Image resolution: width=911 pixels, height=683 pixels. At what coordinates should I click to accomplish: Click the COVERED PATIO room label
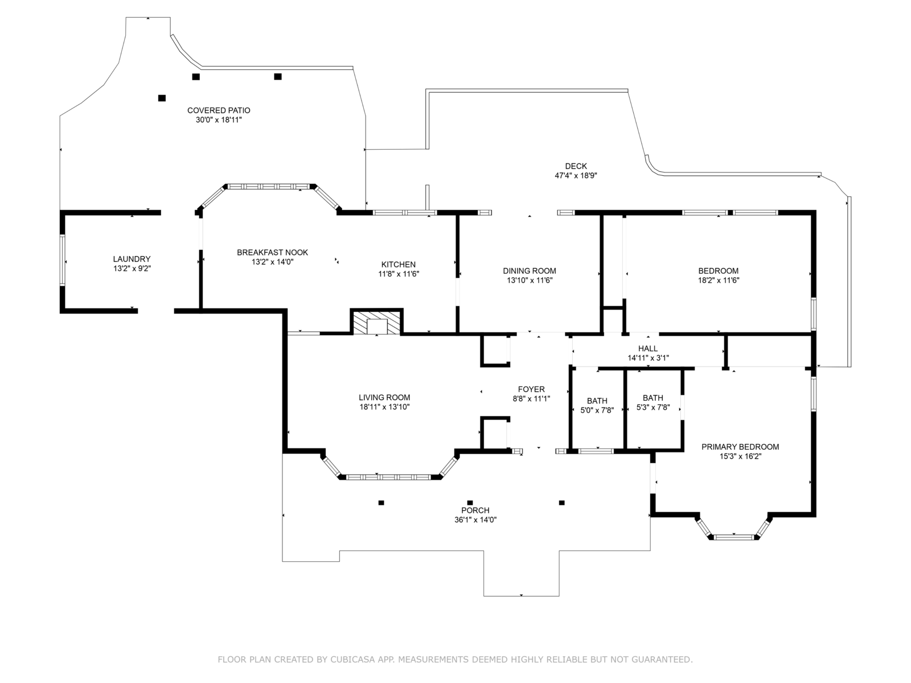coord(219,110)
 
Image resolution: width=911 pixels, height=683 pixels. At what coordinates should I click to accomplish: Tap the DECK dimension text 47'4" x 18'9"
coord(576,176)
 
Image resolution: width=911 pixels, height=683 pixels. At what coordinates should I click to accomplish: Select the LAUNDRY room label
coord(132,259)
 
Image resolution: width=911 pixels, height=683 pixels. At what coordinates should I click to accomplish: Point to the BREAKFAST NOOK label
coord(272,253)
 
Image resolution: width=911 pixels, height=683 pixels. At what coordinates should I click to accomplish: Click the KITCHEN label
coord(398,265)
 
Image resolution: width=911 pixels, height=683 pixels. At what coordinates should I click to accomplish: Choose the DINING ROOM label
coord(529,271)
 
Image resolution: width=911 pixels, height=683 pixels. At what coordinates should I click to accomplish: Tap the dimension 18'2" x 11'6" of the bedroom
coord(718,280)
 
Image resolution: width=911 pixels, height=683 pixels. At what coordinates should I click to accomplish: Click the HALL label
coord(647,349)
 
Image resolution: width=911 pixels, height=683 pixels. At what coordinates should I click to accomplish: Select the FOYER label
coord(531,389)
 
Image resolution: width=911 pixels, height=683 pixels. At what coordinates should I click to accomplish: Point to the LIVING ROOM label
coord(384,398)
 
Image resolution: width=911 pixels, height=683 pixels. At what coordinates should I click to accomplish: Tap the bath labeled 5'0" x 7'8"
coord(597,405)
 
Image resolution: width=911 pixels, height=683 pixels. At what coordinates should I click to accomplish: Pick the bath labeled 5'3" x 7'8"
coord(653,402)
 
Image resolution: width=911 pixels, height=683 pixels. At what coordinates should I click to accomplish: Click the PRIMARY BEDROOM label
coord(740,447)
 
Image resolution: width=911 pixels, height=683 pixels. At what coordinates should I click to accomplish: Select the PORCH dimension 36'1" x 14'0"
coord(475,520)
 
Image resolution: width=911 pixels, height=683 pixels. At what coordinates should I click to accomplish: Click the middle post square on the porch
coord(470,503)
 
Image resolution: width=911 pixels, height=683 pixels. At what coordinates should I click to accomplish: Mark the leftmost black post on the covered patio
coord(162,98)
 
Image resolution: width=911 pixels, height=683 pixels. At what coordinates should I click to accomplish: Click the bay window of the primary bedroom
coord(733,536)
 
